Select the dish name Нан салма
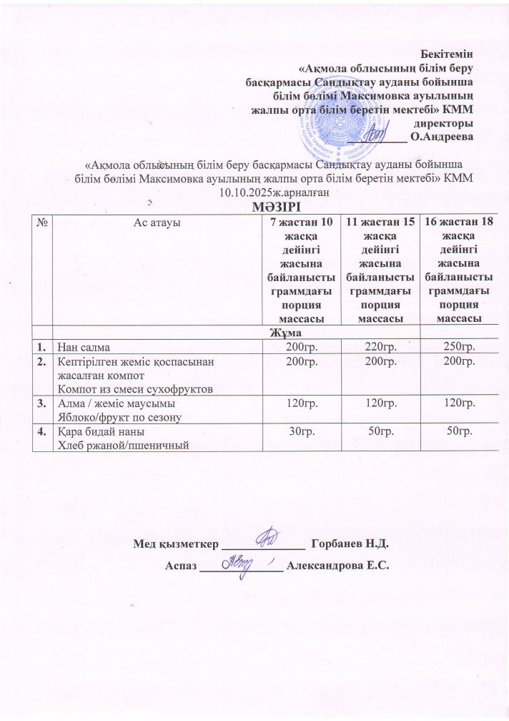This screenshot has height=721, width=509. click(x=80, y=347)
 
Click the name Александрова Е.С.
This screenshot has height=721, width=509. click(x=337, y=566)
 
